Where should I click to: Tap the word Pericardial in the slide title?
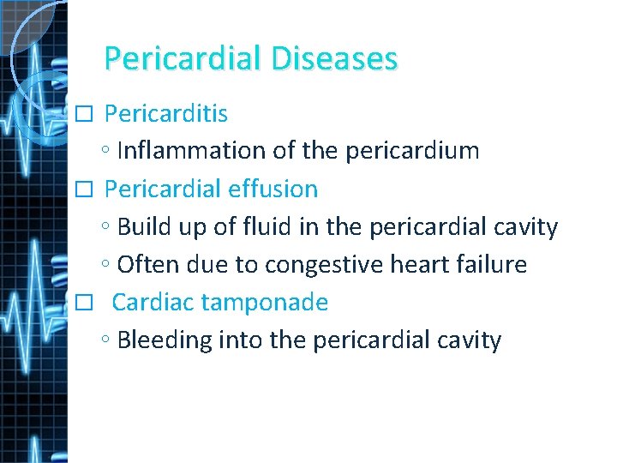click(x=183, y=59)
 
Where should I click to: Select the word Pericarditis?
click(x=165, y=113)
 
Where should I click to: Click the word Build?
click(x=142, y=227)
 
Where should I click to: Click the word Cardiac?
click(x=152, y=302)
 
